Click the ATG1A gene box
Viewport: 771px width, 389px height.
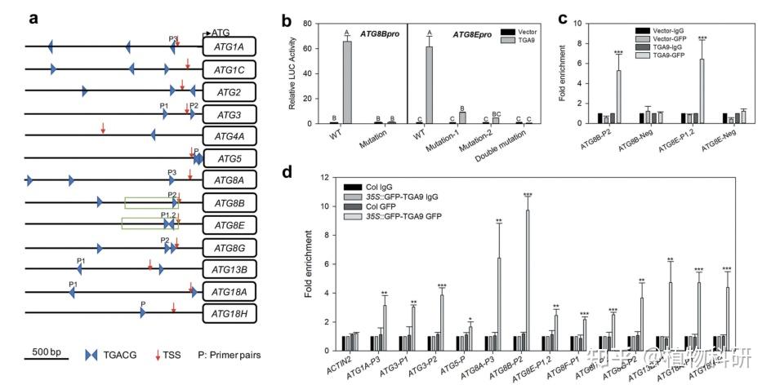(230, 47)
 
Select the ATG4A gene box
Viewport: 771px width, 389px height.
(230, 135)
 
